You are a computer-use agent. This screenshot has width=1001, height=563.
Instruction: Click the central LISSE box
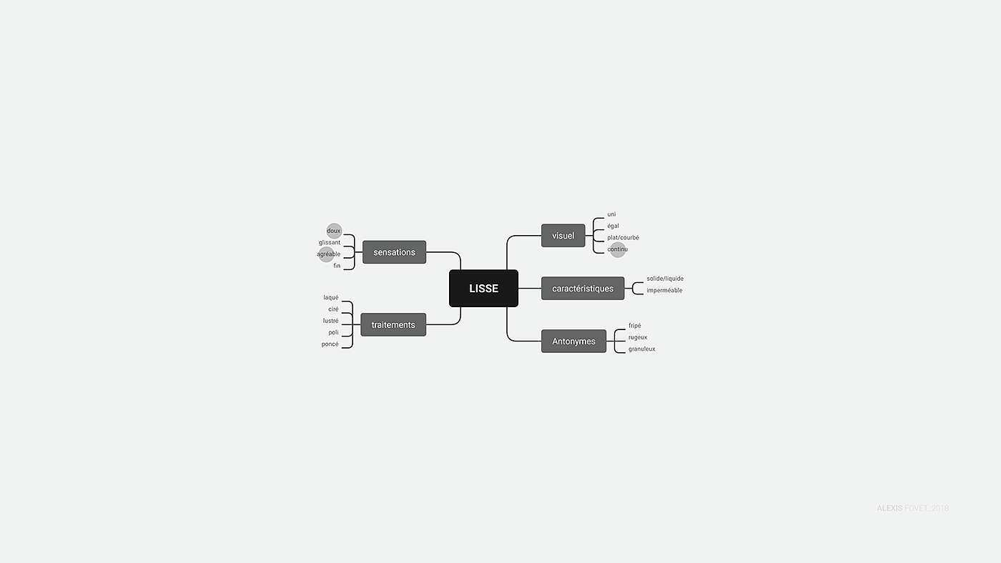[483, 289]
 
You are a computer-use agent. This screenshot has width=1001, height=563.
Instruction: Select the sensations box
[394, 252]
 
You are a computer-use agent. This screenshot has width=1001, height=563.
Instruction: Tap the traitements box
[393, 325]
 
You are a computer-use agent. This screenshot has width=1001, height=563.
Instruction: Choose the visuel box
[563, 236]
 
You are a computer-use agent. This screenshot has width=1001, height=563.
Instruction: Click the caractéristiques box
[583, 289]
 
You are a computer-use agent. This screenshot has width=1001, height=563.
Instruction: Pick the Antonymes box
[573, 342]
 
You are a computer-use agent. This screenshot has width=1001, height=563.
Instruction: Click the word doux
[334, 231]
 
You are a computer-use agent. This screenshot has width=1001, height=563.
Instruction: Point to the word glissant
[330, 243]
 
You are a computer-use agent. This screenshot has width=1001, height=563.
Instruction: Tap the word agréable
[329, 254]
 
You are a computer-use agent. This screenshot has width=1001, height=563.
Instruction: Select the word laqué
[331, 298]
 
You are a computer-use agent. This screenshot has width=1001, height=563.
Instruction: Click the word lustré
[331, 321]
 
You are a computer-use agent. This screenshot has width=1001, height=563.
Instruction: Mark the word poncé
[330, 344]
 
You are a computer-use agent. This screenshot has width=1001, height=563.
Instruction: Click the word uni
[611, 214]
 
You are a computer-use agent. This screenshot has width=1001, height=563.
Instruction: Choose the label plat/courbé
[623, 238]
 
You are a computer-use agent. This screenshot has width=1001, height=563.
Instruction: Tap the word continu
[618, 249]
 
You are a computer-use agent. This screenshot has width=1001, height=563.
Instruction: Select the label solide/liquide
[665, 279]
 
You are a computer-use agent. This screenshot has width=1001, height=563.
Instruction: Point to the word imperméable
[664, 291]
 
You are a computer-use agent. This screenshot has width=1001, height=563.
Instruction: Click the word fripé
[635, 326]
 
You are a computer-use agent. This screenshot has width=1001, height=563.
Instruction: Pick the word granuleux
[642, 349]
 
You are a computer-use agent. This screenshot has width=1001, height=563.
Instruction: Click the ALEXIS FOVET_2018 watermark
[912, 509]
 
